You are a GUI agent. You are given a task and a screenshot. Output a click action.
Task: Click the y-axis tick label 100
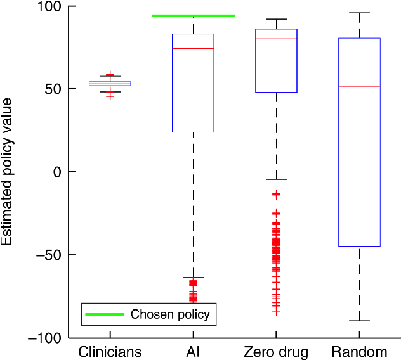point(48,7)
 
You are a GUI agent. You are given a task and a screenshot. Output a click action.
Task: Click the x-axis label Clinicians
point(110,351)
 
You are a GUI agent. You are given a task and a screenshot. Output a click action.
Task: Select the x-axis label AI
point(193,351)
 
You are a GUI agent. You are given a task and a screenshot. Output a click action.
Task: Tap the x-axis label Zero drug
point(276,351)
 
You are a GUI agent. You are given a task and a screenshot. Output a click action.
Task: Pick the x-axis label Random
point(359,351)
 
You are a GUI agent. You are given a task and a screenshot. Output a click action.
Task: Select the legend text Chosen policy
point(169,314)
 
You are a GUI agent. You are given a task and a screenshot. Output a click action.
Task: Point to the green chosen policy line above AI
point(193,16)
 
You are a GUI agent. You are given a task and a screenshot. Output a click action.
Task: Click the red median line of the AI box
point(193,48)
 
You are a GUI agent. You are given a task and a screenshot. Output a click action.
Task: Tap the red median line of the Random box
point(359,86)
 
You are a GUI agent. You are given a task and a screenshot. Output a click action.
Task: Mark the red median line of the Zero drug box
point(276,39)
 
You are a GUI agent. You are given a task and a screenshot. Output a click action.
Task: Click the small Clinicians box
point(110,83)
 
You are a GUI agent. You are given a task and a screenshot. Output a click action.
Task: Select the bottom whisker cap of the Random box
point(359,321)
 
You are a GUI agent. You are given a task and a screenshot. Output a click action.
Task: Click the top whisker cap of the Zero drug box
point(276,19)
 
